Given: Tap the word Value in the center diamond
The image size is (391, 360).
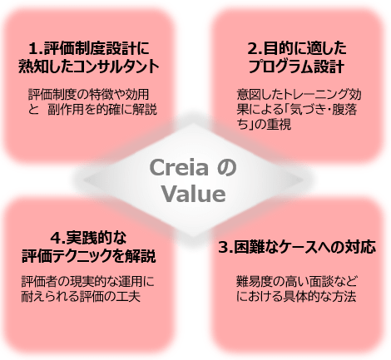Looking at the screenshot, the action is pos(194,194).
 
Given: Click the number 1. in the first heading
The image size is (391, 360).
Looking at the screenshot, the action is pos(36,49).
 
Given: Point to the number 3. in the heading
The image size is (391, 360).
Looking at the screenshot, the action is pos(225,248).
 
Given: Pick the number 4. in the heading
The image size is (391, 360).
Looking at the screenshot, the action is pos(57,238).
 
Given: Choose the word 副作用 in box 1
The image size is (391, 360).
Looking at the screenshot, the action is pos(66,110).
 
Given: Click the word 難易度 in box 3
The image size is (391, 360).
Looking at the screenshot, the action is pos(255,282).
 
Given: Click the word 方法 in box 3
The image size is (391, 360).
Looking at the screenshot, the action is pos(344,297).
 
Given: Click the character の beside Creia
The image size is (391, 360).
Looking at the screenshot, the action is pos(226,168).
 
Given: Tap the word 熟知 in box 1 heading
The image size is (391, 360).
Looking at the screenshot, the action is pos(31,67).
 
